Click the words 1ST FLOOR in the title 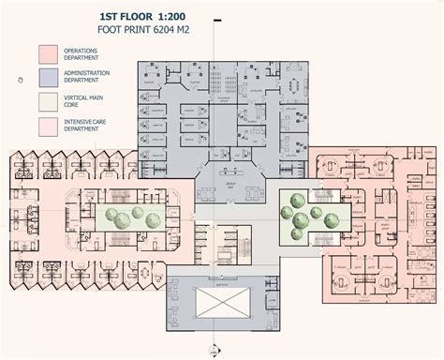pos(130,16)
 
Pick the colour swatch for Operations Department pos(49,53)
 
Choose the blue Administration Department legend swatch pos(49,77)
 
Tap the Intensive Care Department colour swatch pos(49,125)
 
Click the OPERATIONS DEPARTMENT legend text pos(87,53)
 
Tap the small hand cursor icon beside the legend pos(21,81)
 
